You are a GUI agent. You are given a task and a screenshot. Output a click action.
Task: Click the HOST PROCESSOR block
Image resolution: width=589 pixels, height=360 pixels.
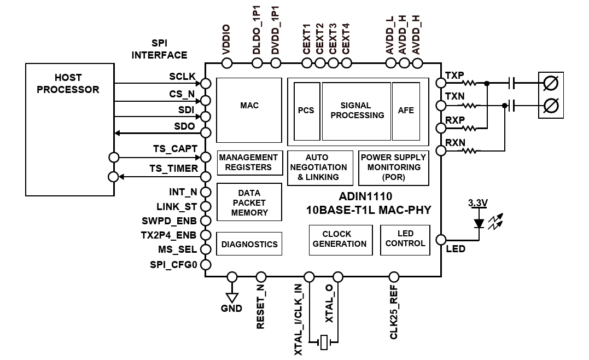69,130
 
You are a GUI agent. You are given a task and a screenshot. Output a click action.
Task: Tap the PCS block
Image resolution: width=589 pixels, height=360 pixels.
306,111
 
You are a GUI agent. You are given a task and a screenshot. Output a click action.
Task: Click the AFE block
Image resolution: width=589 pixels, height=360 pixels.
406,111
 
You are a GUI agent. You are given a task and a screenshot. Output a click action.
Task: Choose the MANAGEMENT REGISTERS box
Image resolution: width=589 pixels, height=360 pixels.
248,162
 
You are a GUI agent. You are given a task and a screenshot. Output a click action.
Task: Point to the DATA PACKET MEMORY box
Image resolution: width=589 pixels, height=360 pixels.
249,203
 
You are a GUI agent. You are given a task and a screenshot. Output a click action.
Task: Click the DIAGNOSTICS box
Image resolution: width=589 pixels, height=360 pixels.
249,244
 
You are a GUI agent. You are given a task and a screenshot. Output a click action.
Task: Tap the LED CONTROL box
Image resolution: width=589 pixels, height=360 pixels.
405,239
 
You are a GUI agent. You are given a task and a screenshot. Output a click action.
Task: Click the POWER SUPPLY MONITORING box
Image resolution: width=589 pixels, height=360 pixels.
393,167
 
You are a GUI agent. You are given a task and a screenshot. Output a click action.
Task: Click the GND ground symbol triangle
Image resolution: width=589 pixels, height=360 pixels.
232,297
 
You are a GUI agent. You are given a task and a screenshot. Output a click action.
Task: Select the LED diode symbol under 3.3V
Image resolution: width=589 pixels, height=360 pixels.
479,223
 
